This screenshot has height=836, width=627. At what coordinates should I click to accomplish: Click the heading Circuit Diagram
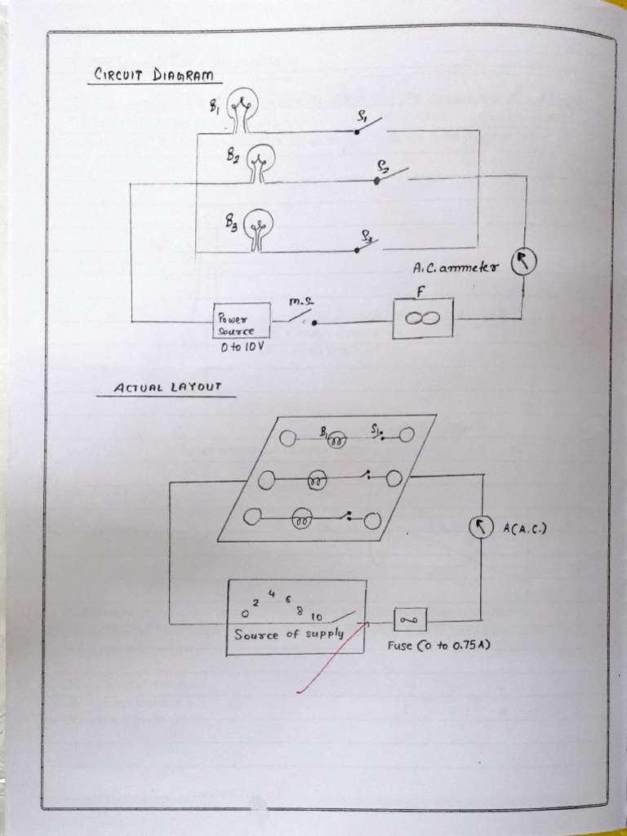click(x=153, y=75)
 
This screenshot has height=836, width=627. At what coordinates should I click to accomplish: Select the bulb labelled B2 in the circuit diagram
click(x=260, y=158)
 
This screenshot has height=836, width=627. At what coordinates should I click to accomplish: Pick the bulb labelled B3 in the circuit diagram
click(x=260, y=225)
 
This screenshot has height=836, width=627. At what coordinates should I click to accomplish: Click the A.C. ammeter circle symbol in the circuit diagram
click(x=522, y=263)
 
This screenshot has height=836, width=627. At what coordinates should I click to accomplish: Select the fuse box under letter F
click(x=422, y=318)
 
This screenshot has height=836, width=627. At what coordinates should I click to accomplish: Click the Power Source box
click(x=241, y=322)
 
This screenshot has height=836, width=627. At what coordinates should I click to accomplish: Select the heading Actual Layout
click(x=167, y=387)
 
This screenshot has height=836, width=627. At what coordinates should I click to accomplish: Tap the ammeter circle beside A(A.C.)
click(x=481, y=527)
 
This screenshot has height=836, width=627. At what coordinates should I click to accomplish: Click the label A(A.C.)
click(x=524, y=528)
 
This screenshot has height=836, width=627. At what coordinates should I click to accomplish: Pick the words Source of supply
click(x=289, y=634)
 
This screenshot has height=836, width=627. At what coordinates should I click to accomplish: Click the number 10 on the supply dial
click(x=317, y=616)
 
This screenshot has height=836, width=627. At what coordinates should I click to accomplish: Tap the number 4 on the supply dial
click(x=271, y=594)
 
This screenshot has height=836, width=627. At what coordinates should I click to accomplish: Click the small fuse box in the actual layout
click(x=410, y=620)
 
